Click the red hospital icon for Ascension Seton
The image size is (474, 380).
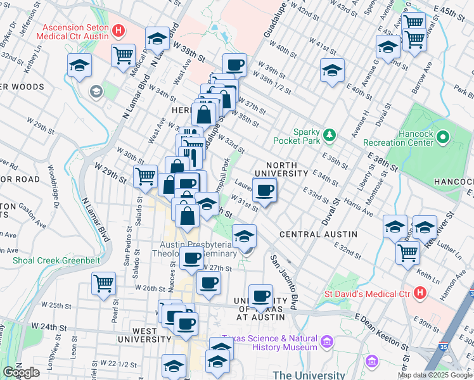117,30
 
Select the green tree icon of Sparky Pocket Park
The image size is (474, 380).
329,134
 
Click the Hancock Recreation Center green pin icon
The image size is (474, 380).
443,136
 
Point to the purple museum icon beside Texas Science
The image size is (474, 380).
327,343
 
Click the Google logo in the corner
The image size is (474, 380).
21,372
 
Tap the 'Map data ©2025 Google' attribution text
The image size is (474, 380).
435,376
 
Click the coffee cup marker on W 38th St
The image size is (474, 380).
234,64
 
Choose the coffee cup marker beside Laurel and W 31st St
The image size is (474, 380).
265,189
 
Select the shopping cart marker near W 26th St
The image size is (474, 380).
103,282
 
